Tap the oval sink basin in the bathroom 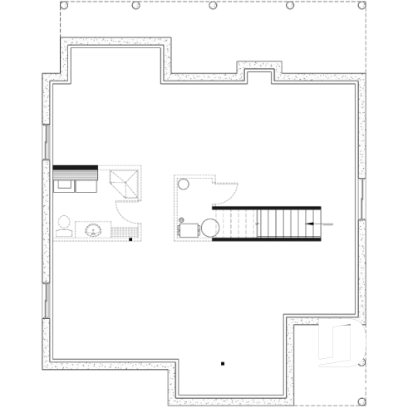tap(91, 229)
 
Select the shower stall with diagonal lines tap(127, 181)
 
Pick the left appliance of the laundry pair tap(63, 183)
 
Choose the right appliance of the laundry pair tap(86, 183)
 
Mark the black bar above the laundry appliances tap(76, 169)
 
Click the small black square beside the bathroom tap(130, 239)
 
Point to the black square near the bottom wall tap(223, 363)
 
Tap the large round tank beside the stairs tap(209, 226)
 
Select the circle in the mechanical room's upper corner tap(184, 184)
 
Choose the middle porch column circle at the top tap(214, 6)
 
